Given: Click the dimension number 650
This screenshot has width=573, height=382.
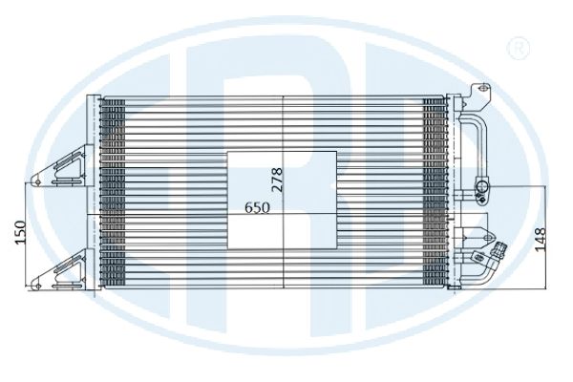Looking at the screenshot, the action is [257, 207].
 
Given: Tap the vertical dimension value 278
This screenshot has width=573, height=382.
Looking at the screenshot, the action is [277, 180].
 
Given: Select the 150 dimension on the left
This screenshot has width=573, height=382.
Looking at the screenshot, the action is [19, 232].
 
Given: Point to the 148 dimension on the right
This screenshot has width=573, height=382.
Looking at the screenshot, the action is [541, 240].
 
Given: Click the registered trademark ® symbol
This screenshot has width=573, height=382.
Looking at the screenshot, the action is [519, 48].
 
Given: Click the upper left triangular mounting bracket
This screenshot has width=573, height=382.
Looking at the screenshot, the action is [62, 166].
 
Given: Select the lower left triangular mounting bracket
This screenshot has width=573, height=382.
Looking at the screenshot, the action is [62, 270].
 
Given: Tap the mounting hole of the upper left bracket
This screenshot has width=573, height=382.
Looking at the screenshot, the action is [37, 181].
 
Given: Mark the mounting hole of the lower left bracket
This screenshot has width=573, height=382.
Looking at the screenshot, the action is [37, 286].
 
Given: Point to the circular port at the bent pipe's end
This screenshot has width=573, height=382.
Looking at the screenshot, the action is [482, 186].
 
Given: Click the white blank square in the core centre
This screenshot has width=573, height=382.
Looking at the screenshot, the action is [282, 200].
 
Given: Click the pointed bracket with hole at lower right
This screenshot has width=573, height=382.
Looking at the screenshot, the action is [475, 236].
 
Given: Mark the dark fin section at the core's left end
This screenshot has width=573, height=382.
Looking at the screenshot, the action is [113, 192].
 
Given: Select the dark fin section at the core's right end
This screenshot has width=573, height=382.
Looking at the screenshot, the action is [435, 192].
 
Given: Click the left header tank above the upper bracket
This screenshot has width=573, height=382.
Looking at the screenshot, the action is [93, 120].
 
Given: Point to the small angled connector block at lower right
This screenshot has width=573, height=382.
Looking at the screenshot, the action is [479, 257].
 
